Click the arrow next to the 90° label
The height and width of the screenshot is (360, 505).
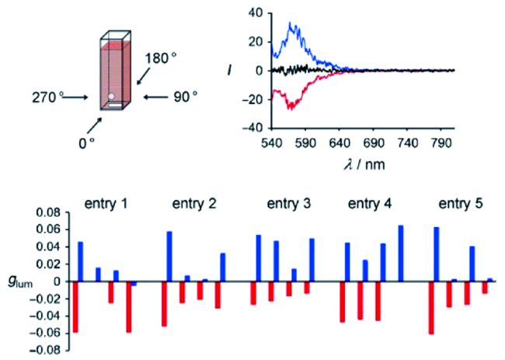click(155, 97)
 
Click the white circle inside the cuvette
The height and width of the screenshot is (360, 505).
click(112, 98)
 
